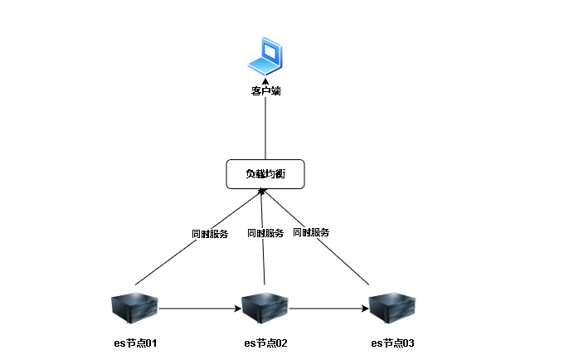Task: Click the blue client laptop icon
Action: point(265,56)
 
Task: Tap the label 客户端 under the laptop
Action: point(265,91)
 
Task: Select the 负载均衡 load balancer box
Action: point(265,173)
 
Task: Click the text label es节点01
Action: point(135,343)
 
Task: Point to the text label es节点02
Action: point(265,343)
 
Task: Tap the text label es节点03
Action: point(392,343)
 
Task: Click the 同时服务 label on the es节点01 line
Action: point(209,234)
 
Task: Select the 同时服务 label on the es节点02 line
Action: point(265,233)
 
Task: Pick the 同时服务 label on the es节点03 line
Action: point(311,232)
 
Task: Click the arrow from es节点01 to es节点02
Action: point(199,309)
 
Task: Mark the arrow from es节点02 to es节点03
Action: point(329,309)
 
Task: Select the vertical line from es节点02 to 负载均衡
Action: point(264,265)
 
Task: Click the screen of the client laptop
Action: point(269,51)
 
